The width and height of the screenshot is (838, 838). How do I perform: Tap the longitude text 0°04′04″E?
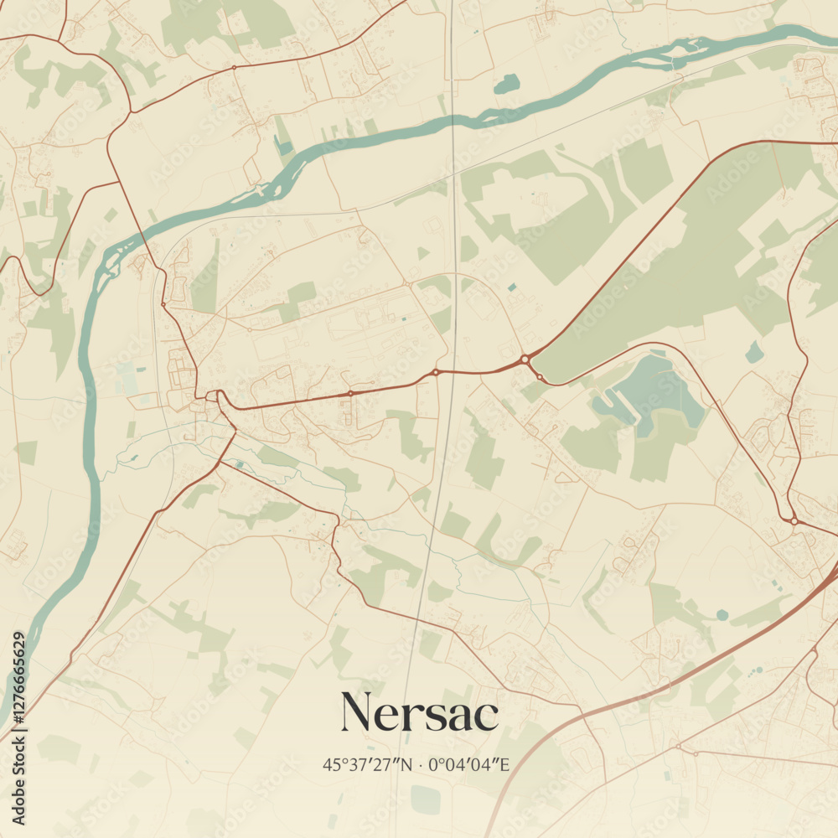[469, 764]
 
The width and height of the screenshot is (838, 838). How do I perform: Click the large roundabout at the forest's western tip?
[525, 359]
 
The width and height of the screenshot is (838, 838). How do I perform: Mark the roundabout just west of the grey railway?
[435, 371]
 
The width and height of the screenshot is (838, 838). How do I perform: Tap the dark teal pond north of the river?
[505, 84]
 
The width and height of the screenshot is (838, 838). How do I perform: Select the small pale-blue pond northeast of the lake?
[755, 353]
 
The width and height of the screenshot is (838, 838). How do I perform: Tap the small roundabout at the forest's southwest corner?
[541, 379]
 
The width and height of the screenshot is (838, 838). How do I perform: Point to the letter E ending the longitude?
[505, 764]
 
